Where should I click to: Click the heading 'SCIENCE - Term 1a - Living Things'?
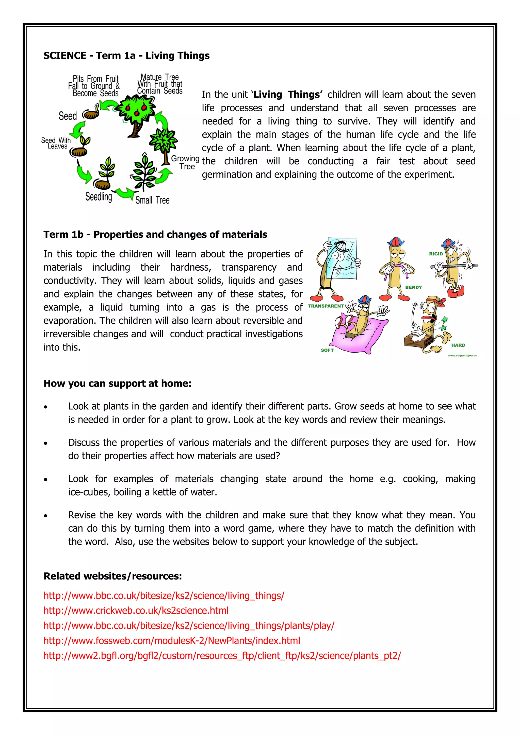click(126, 56)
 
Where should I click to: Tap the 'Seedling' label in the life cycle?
click(99, 197)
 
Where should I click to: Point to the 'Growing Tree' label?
click(186, 162)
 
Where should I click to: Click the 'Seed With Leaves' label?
click(56, 143)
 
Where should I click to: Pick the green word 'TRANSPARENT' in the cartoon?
click(326, 306)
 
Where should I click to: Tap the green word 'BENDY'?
click(413, 287)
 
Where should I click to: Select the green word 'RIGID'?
click(436, 254)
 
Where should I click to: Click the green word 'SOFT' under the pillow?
click(327, 350)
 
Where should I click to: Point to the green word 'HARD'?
click(458, 345)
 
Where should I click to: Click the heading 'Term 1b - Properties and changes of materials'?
click(155, 235)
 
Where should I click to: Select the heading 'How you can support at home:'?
click(117, 383)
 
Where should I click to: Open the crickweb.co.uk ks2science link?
click(136, 610)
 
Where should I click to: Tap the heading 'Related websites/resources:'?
click(112, 576)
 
